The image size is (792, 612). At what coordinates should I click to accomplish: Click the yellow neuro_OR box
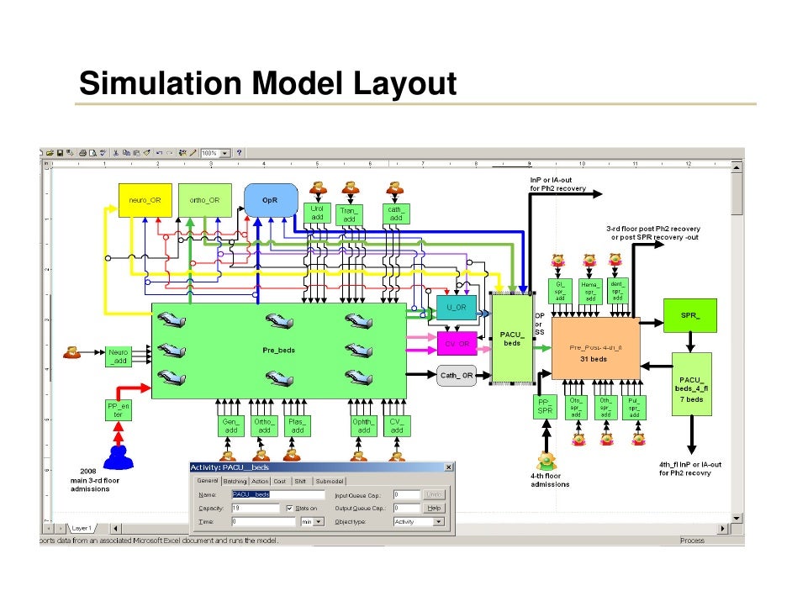tap(145, 200)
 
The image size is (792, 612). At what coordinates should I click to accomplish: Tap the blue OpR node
tap(271, 200)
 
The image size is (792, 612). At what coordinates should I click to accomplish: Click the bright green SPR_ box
tap(689, 315)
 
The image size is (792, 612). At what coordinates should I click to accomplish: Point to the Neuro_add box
tap(119, 356)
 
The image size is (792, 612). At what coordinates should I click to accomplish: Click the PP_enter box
tap(119, 410)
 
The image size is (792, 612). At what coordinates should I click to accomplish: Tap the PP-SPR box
tap(546, 408)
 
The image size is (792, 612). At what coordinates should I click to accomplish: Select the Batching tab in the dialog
tap(235, 481)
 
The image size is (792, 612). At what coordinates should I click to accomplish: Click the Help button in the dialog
tap(433, 508)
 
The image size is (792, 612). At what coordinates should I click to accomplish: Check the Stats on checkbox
tap(289, 509)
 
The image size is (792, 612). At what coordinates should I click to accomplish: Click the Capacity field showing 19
tap(255, 508)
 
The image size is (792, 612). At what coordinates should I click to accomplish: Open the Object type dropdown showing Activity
tap(418, 522)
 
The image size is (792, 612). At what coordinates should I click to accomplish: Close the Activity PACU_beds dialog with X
tap(447, 467)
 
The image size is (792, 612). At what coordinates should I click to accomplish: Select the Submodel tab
tap(330, 481)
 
